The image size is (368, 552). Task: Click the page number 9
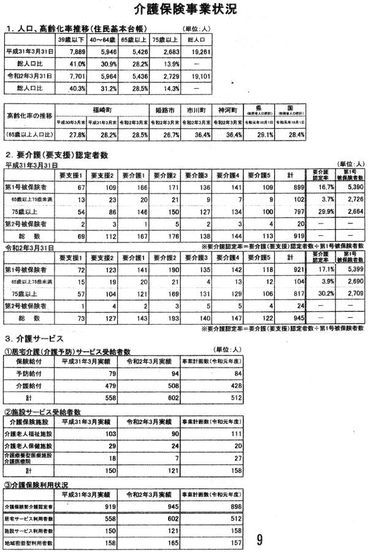(259, 539)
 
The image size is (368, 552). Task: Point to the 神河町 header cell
(226, 108)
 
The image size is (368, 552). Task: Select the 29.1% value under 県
(258, 133)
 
